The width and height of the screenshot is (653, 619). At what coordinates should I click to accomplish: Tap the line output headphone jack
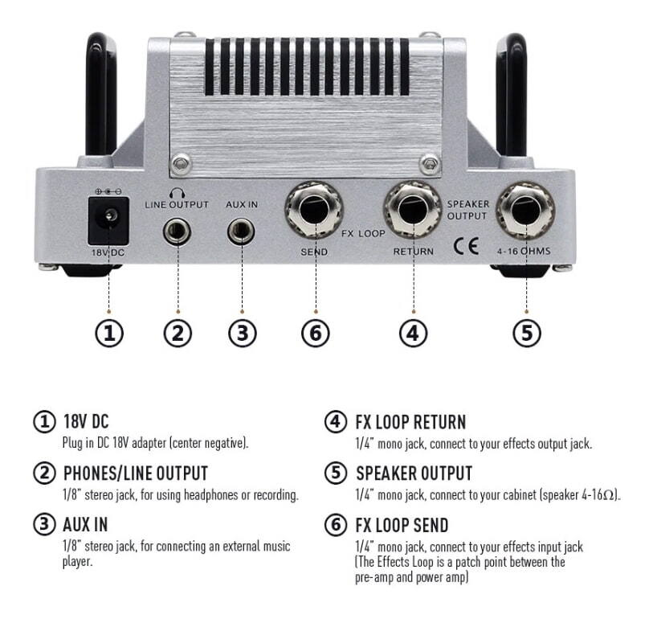click(176, 233)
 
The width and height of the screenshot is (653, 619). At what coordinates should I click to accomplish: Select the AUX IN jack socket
click(240, 233)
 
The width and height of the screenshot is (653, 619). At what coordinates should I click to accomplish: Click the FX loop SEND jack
click(314, 208)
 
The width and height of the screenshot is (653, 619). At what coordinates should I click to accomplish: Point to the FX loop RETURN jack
click(412, 208)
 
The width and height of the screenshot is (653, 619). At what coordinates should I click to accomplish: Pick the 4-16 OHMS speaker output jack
click(525, 208)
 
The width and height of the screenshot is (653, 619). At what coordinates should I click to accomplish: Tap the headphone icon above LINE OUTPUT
click(176, 191)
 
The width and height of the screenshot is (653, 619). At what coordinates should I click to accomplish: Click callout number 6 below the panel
click(314, 332)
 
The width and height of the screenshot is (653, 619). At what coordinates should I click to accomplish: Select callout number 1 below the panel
click(108, 332)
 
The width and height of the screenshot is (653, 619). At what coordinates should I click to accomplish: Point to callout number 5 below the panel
click(526, 332)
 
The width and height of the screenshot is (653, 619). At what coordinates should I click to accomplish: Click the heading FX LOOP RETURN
click(410, 422)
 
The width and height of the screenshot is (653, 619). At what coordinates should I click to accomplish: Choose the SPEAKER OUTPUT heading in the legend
click(414, 473)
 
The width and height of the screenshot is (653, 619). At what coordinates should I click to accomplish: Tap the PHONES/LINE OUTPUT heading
click(135, 473)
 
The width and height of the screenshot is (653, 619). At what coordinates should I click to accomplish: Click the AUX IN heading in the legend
click(85, 525)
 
